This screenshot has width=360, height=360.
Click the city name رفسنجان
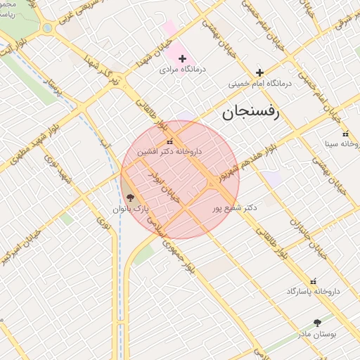coord(250,112)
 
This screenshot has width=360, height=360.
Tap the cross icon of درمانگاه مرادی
coord(182,58)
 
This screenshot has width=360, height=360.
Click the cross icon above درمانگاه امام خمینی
coord(259,72)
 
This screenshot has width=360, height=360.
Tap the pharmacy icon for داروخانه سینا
coord(345,134)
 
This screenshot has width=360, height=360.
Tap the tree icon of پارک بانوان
coord(129,198)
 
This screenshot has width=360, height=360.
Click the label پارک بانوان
coord(131,210)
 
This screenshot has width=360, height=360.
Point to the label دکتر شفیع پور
coord(235,208)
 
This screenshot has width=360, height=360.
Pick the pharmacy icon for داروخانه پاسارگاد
coord(313,280)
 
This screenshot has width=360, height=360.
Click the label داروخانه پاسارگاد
coord(313,291)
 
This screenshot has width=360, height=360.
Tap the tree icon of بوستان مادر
coord(319,322)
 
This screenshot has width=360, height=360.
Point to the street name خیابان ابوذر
coord(167,185)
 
